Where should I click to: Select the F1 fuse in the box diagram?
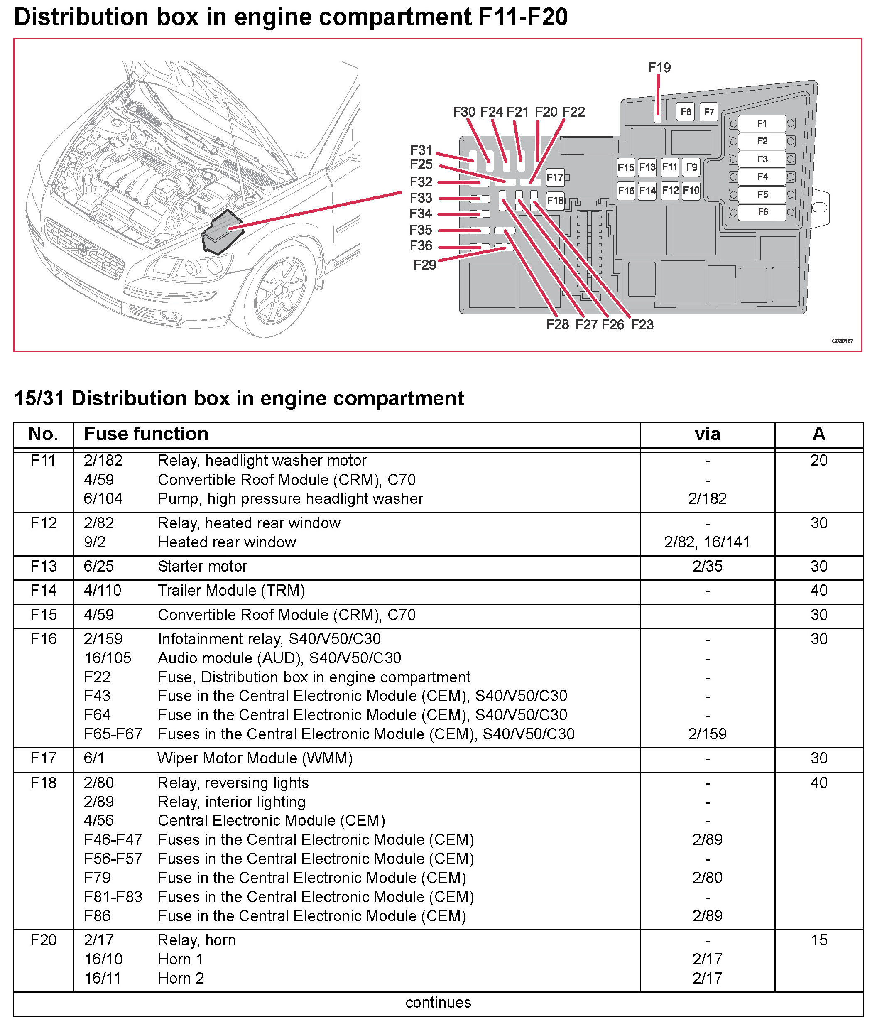coord(762,123)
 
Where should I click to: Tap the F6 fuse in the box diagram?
coord(762,212)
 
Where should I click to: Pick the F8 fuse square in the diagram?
coord(686,112)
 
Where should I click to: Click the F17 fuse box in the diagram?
coord(555,177)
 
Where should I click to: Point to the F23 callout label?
coord(642,324)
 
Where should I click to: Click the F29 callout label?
coord(425,265)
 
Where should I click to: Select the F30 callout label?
coord(464,112)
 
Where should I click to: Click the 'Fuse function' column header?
coord(146,434)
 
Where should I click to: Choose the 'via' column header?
coord(707,434)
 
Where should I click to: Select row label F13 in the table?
coord(43,566)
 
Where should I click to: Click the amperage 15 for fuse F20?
coord(818,940)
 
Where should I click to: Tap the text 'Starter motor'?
coord(202,566)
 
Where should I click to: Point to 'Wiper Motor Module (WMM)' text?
coord(255,758)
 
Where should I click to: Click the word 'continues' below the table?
coord(438,1002)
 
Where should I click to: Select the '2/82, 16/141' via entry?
coord(707,542)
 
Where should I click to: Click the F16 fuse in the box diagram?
coord(626,191)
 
